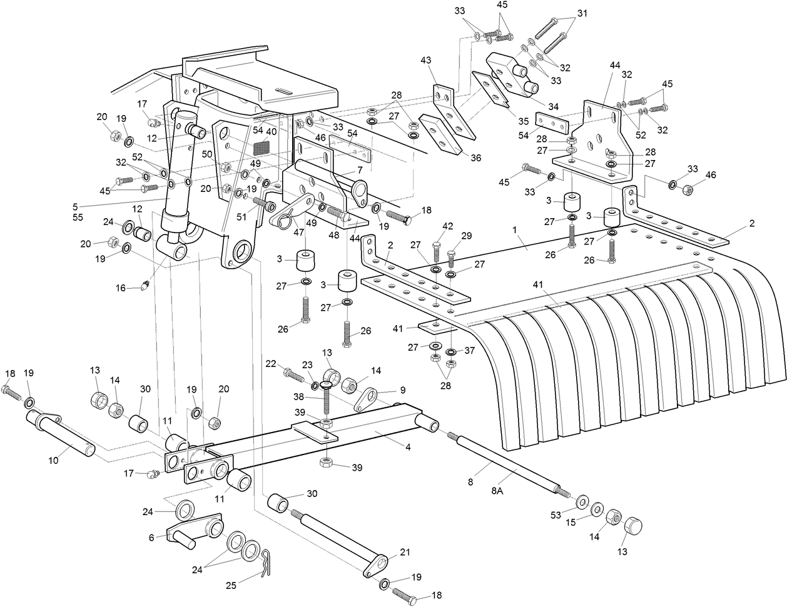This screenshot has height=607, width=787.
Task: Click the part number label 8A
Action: click(x=497, y=491)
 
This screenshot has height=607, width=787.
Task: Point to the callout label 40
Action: click(x=271, y=132)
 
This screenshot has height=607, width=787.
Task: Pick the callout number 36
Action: click(x=475, y=158)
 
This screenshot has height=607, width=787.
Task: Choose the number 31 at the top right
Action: click(x=582, y=13)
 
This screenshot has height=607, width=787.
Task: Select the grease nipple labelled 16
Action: click(x=146, y=286)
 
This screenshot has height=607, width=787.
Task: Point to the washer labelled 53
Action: click(x=581, y=501)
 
